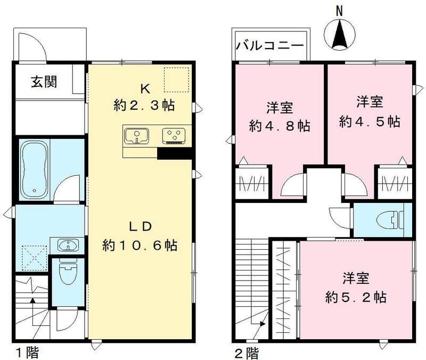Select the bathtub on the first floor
click(x=35, y=169)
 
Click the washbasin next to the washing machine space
click(x=67, y=246)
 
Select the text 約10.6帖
click(x=140, y=246)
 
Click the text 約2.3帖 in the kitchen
click(x=144, y=105)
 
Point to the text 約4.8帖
click(x=280, y=127)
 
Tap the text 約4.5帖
click(x=370, y=121)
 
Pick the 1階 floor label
click(x=25, y=353)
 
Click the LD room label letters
click(x=141, y=226)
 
